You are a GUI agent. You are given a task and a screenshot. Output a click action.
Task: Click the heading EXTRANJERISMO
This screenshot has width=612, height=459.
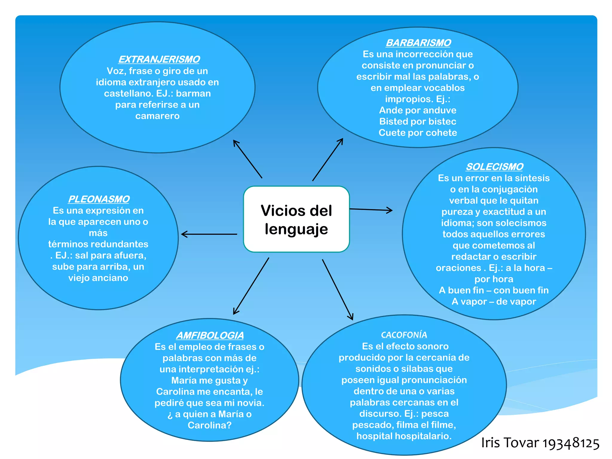159,59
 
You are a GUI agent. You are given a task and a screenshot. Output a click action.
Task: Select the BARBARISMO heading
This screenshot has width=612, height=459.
418,43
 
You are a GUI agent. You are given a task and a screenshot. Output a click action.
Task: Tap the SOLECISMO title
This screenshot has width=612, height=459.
494,167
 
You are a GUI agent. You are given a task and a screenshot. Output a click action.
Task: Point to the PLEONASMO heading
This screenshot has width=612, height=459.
99,199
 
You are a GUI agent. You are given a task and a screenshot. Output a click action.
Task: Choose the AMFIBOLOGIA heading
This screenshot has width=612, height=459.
210,335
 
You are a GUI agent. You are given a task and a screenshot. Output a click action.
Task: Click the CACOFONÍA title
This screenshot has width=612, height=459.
404,335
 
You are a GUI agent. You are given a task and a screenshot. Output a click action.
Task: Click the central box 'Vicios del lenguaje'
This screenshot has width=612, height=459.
296,219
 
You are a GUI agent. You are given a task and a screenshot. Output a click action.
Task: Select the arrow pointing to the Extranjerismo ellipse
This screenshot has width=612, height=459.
247,159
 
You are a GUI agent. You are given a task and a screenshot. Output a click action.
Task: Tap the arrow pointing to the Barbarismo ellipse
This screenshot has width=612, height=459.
328,159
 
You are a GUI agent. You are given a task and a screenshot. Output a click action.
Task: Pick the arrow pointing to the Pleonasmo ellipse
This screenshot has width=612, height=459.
209,234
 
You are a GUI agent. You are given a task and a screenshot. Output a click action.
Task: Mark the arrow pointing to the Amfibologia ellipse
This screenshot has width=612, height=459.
251,286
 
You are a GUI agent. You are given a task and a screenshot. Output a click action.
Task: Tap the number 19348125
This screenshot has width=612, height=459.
570,443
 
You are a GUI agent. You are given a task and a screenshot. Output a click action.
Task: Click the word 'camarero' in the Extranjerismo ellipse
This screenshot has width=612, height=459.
157,116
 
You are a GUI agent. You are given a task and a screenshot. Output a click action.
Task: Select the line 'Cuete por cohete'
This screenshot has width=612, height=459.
418,133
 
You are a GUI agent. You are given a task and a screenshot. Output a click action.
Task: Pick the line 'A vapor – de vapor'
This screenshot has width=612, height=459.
494,302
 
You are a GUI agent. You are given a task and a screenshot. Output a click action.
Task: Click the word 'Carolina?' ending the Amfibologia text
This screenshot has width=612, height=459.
209,425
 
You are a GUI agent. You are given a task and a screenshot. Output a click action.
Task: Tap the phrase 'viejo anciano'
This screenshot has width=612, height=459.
98,278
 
